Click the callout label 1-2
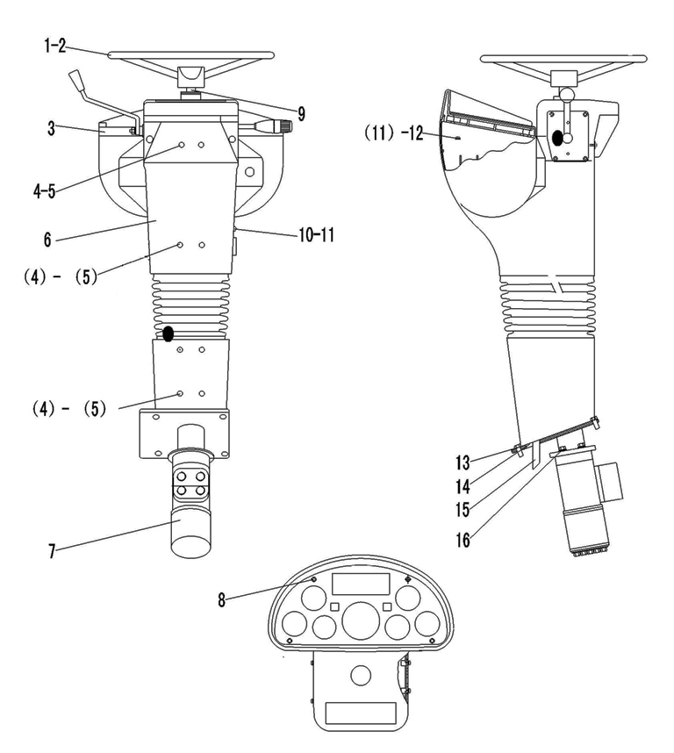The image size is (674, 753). (x=54, y=47)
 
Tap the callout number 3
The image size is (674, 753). (x=52, y=129)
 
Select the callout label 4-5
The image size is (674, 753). (x=44, y=191)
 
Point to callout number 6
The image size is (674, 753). (x=47, y=240)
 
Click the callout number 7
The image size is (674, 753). (x=52, y=551)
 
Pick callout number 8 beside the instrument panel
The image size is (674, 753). (x=221, y=599)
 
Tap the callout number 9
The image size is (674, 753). (x=301, y=114)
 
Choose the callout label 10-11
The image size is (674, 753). (x=316, y=235)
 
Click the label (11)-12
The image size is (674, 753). (x=394, y=133)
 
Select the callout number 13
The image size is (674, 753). (x=462, y=463)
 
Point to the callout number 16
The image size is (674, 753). (x=462, y=541)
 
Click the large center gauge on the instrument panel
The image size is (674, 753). (x=360, y=621)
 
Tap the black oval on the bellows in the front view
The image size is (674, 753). (x=168, y=333)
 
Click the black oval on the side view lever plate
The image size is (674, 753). (x=558, y=138)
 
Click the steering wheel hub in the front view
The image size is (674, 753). (x=191, y=76)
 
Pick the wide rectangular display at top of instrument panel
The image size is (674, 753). (x=361, y=583)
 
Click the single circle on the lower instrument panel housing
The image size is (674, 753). (x=361, y=675)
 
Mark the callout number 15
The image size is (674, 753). (x=462, y=510)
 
